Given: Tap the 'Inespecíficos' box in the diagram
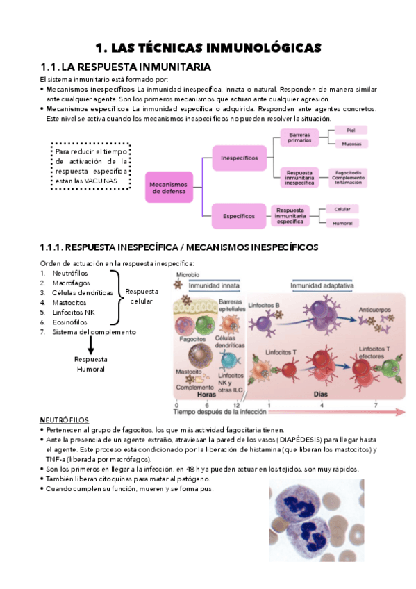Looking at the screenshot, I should click(239, 158).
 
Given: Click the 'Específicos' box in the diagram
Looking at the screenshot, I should click(239, 216).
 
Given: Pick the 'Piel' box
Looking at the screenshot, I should click(351, 130).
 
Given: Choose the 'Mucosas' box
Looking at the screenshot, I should click(351, 144).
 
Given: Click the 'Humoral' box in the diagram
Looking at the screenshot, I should click(342, 223).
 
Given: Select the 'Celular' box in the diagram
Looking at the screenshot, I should click(342, 208).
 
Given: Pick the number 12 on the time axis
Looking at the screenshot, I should click(236, 404).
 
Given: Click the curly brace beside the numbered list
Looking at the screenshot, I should click(119, 297).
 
